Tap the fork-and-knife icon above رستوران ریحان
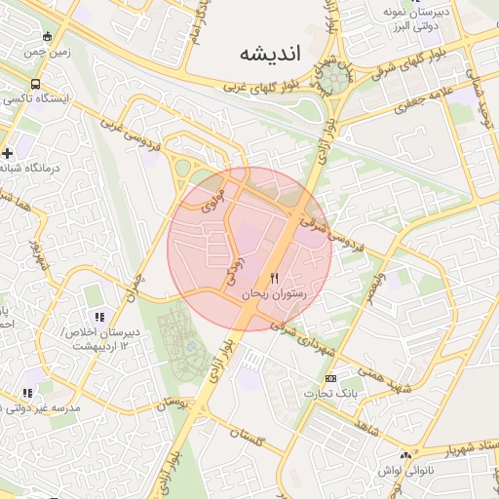275,279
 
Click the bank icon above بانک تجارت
330,378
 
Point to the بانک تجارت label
330,393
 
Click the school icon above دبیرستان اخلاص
99,317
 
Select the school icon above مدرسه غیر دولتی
27,393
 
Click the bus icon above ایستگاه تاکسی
36,85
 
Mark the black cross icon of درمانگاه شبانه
8,152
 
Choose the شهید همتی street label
373,377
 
